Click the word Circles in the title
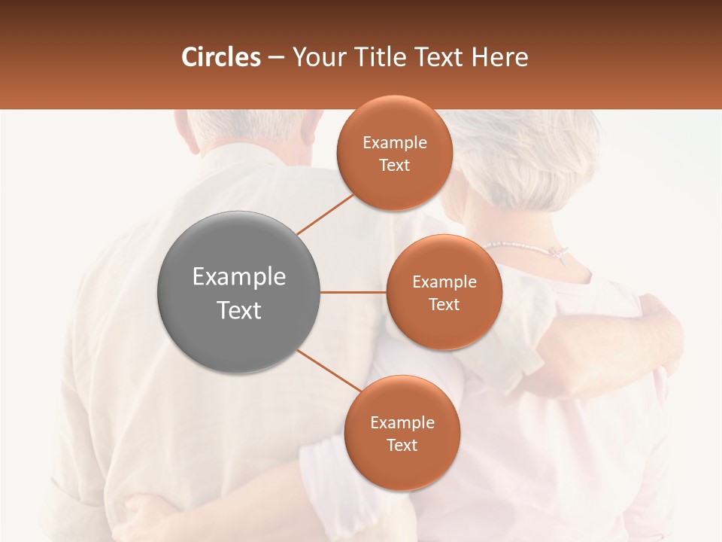pos(221,56)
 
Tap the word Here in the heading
pos(499,56)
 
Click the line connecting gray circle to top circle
pos(325,214)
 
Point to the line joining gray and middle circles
pos(353,292)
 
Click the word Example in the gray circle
pos(238,277)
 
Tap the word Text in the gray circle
pos(238,310)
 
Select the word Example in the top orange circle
pos(394,143)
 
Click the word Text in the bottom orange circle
pos(402,446)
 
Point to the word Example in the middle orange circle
pos(444,282)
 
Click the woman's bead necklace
pos(519,245)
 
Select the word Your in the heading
pos(315,56)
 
